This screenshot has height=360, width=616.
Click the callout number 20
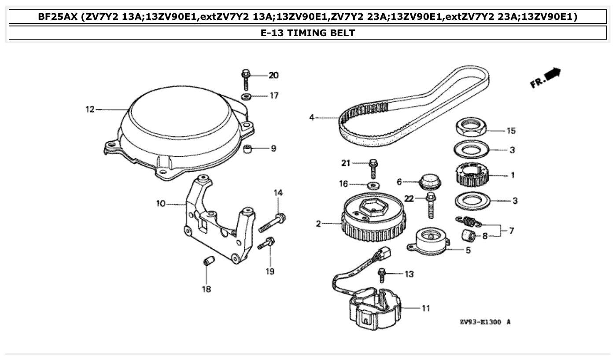click(x=273, y=75)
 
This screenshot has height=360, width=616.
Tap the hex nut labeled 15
click(x=470, y=127)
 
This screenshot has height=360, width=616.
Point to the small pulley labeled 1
click(x=470, y=175)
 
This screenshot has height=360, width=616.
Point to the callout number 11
click(x=426, y=308)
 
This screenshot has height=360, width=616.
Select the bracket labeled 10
click(x=216, y=220)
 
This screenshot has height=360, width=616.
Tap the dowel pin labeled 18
click(x=209, y=262)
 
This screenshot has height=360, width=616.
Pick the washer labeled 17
click(x=246, y=96)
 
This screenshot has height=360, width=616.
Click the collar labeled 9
click(x=250, y=150)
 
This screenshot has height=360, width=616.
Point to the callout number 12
click(x=90, y=109)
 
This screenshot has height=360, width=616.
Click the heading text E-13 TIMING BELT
click(x=307, y=33)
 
